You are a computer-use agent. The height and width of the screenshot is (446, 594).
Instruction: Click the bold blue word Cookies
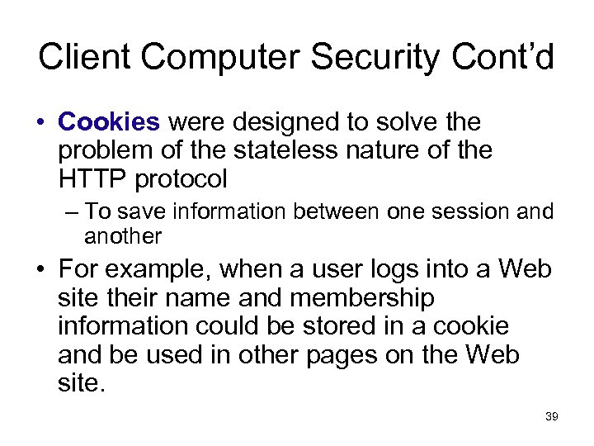(109, 122)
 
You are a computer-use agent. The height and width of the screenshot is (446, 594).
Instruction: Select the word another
(123, 237)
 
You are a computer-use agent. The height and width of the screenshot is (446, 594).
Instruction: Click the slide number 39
(552, 417)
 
